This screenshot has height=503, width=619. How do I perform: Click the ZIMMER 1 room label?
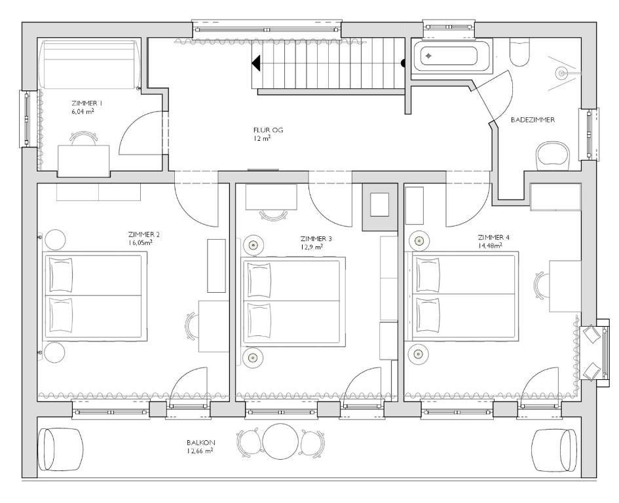[87, 103]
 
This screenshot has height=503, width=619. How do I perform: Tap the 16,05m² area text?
[141, 243]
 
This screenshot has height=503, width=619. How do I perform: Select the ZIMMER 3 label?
[316, 239]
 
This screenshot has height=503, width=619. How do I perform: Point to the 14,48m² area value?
[490, 246]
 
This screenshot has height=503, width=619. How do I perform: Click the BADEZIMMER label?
[533, 120]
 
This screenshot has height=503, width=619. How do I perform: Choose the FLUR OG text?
[268, 130]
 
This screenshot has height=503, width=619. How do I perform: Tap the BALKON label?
[201, 443]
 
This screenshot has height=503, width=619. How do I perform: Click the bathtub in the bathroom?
[452, 56]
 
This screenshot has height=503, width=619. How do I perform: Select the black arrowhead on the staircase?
[256, 63]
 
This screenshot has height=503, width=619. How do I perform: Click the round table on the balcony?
[280, 441]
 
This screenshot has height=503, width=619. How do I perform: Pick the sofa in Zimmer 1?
[90, 64]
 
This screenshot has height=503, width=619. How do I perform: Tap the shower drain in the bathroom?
[561, 73]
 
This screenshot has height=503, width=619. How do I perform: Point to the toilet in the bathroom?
[519, 52]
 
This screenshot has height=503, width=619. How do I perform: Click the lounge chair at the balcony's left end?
[61, 450]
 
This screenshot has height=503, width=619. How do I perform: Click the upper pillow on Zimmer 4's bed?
[428, 274]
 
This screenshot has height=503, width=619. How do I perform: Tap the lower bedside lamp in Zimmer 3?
[253, 358]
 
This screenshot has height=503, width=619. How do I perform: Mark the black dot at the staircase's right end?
[403, 63]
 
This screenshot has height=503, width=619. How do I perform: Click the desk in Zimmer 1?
[84, 160]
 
